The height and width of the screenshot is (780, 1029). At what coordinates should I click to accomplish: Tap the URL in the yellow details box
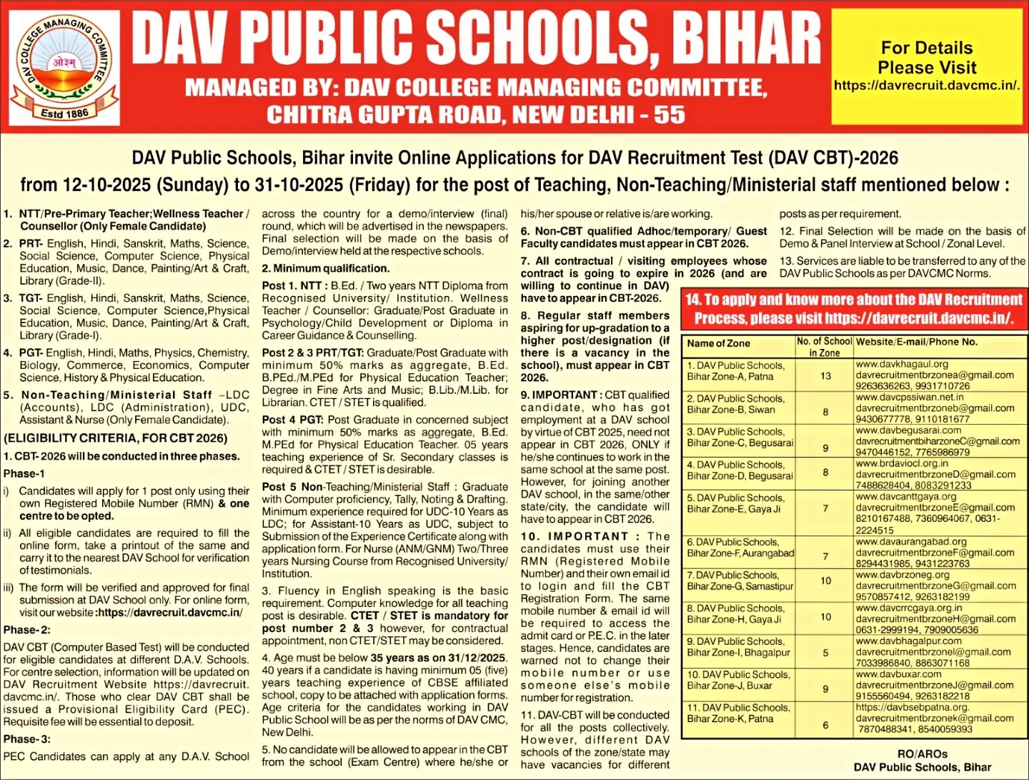coord(927,85)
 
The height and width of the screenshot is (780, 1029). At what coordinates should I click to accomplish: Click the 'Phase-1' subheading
coord(24,473)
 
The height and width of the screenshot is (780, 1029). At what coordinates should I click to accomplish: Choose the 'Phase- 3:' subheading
coord(26,739)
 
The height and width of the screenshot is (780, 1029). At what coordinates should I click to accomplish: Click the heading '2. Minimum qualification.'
coord(325,268)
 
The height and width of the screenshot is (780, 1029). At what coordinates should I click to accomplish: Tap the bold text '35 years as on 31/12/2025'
coord(438,658)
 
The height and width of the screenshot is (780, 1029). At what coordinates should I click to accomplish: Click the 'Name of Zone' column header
coord(718,343)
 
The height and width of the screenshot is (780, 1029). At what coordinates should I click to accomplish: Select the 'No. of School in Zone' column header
coord(824,347)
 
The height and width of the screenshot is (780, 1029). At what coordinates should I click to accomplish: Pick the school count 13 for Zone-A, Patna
coord(825,375)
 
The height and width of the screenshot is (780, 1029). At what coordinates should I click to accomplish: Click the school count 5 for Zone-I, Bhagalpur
coord(825,653)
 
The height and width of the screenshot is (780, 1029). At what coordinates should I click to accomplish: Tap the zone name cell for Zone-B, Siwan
coord(736,404)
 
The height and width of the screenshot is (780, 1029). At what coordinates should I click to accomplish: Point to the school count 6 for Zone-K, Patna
coord(825,725)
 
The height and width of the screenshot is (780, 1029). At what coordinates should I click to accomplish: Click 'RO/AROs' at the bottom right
coord(922,754)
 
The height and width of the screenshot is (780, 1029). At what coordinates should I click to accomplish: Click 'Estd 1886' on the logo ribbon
coord(64,113)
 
